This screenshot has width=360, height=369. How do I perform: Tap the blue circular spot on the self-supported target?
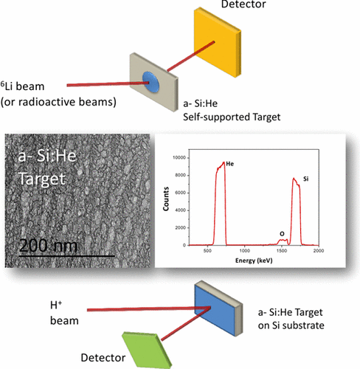pyautogui.click(x=151, y=82)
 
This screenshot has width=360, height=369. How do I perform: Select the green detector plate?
pyautogui.click(x=147, y=350)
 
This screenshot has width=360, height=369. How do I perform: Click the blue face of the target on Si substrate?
pyautogui.click(x=215, y=309)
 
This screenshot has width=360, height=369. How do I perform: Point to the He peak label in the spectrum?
pyautogui.click(x=229, y=164)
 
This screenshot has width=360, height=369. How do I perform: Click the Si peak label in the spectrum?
pyautogui.click(x=305, y=179)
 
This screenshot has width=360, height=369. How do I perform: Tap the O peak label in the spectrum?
pyautogui.click(x=282, y=234)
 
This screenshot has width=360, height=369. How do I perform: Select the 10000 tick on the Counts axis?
pyautogui.click(x=179, y=158)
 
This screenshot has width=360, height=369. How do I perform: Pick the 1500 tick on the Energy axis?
pyautogui.click(x=282, y=251)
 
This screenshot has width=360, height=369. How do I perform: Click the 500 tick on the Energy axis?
pyautogui.click(x=207, y=251)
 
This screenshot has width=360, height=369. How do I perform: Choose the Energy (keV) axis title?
pyautogui.click(x=254, y=261)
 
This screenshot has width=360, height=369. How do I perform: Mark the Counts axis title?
pyautogui.click(x=166, y=199)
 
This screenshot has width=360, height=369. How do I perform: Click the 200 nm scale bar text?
pyautogui.click(x=48, y=246)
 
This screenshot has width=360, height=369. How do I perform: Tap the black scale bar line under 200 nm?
pyautogui.click(x=67, y=256)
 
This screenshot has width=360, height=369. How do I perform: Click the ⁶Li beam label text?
pyautogui.click(x=22, y=86)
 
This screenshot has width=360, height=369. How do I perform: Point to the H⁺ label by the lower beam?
pyautogui.click(x=56, y=305)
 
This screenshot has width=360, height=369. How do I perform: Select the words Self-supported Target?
pyautogui.click(x=232, y=117)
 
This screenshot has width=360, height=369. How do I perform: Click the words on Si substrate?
pyautogui.click(x=291, y=325)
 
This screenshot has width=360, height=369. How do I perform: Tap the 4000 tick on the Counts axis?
pyautogui.click(x=181, y=210)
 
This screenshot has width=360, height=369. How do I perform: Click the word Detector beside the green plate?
pyautogui.click(x=103, y=358)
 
